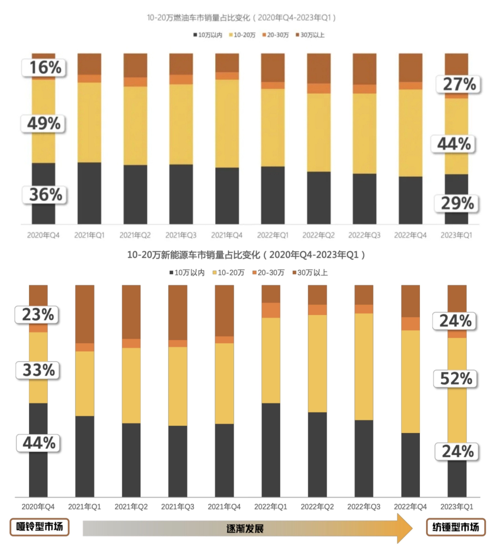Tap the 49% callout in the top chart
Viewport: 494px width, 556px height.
43,123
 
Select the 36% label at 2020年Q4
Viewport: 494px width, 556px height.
45,194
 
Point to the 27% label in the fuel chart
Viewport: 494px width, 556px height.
459,84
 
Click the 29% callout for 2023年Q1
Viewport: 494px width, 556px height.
457,203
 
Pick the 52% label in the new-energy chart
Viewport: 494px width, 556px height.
456,378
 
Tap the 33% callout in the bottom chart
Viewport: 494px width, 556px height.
38,370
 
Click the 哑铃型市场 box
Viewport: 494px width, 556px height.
40,527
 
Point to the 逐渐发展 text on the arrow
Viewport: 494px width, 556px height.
245,528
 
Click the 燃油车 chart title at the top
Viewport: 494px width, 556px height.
241,18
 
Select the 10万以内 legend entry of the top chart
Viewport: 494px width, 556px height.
208,35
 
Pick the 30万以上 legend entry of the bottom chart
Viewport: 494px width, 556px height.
310,272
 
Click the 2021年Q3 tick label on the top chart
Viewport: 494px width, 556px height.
181,235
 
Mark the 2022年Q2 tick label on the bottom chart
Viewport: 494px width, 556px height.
317,506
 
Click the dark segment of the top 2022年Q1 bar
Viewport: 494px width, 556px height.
273,195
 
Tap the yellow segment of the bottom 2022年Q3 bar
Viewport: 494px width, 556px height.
364,367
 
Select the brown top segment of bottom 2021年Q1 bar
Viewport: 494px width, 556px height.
85,314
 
